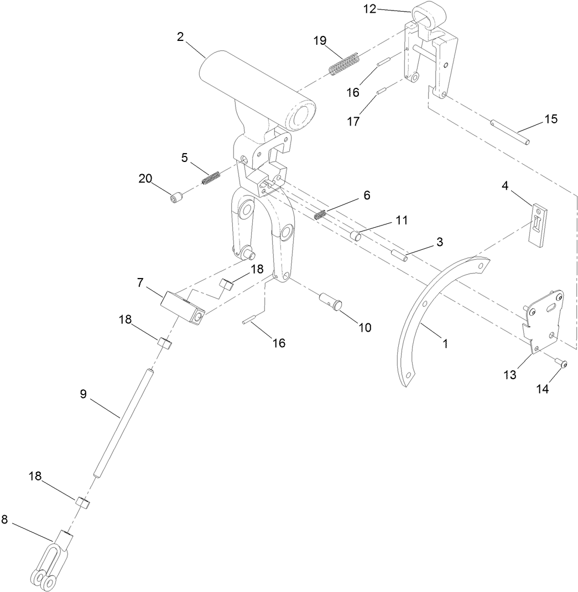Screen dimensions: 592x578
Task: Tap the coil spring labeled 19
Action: [x=345, y=63]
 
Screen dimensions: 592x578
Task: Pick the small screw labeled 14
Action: [x=561, y=364]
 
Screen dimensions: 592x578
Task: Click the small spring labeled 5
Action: [x=211, y=179]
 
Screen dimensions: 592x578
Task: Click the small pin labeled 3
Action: [x=399, y=255]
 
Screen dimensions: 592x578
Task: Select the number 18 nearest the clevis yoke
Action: [x=35, y=476]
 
